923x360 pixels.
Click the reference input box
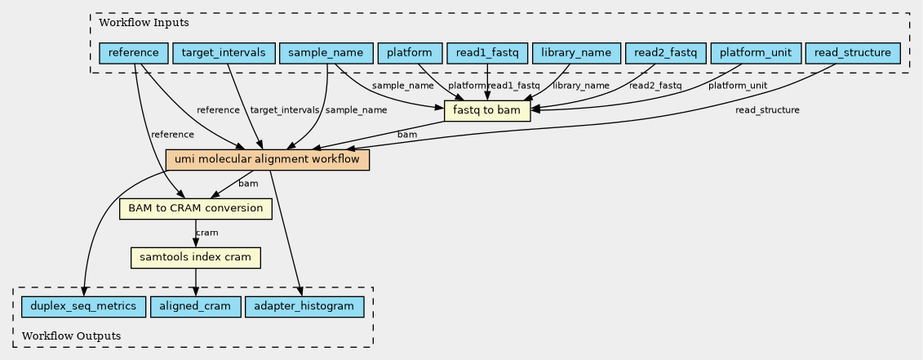point(134,53)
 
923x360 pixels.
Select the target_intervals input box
point(224,53)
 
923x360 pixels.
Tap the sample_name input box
point(326,53)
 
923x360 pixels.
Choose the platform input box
point(410,53)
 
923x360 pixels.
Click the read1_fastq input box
point(487,53)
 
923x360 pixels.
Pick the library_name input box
point(576,53)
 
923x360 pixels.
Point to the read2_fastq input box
point(666,53)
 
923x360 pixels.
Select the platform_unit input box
point(755,53)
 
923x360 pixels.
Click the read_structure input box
point(853,53)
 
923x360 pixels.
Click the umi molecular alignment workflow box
point(267,160)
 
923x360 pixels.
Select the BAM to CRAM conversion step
point(195,209)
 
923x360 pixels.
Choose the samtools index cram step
point(195,258)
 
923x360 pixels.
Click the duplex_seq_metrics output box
point(83,307)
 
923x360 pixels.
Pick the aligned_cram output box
point(195,307)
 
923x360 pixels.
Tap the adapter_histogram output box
point(304,307)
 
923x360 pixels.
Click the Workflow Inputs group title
point(144,24)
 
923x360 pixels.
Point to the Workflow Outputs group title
point(71,336)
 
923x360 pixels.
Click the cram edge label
point(206,233)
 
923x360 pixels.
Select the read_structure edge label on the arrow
point(767,110)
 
